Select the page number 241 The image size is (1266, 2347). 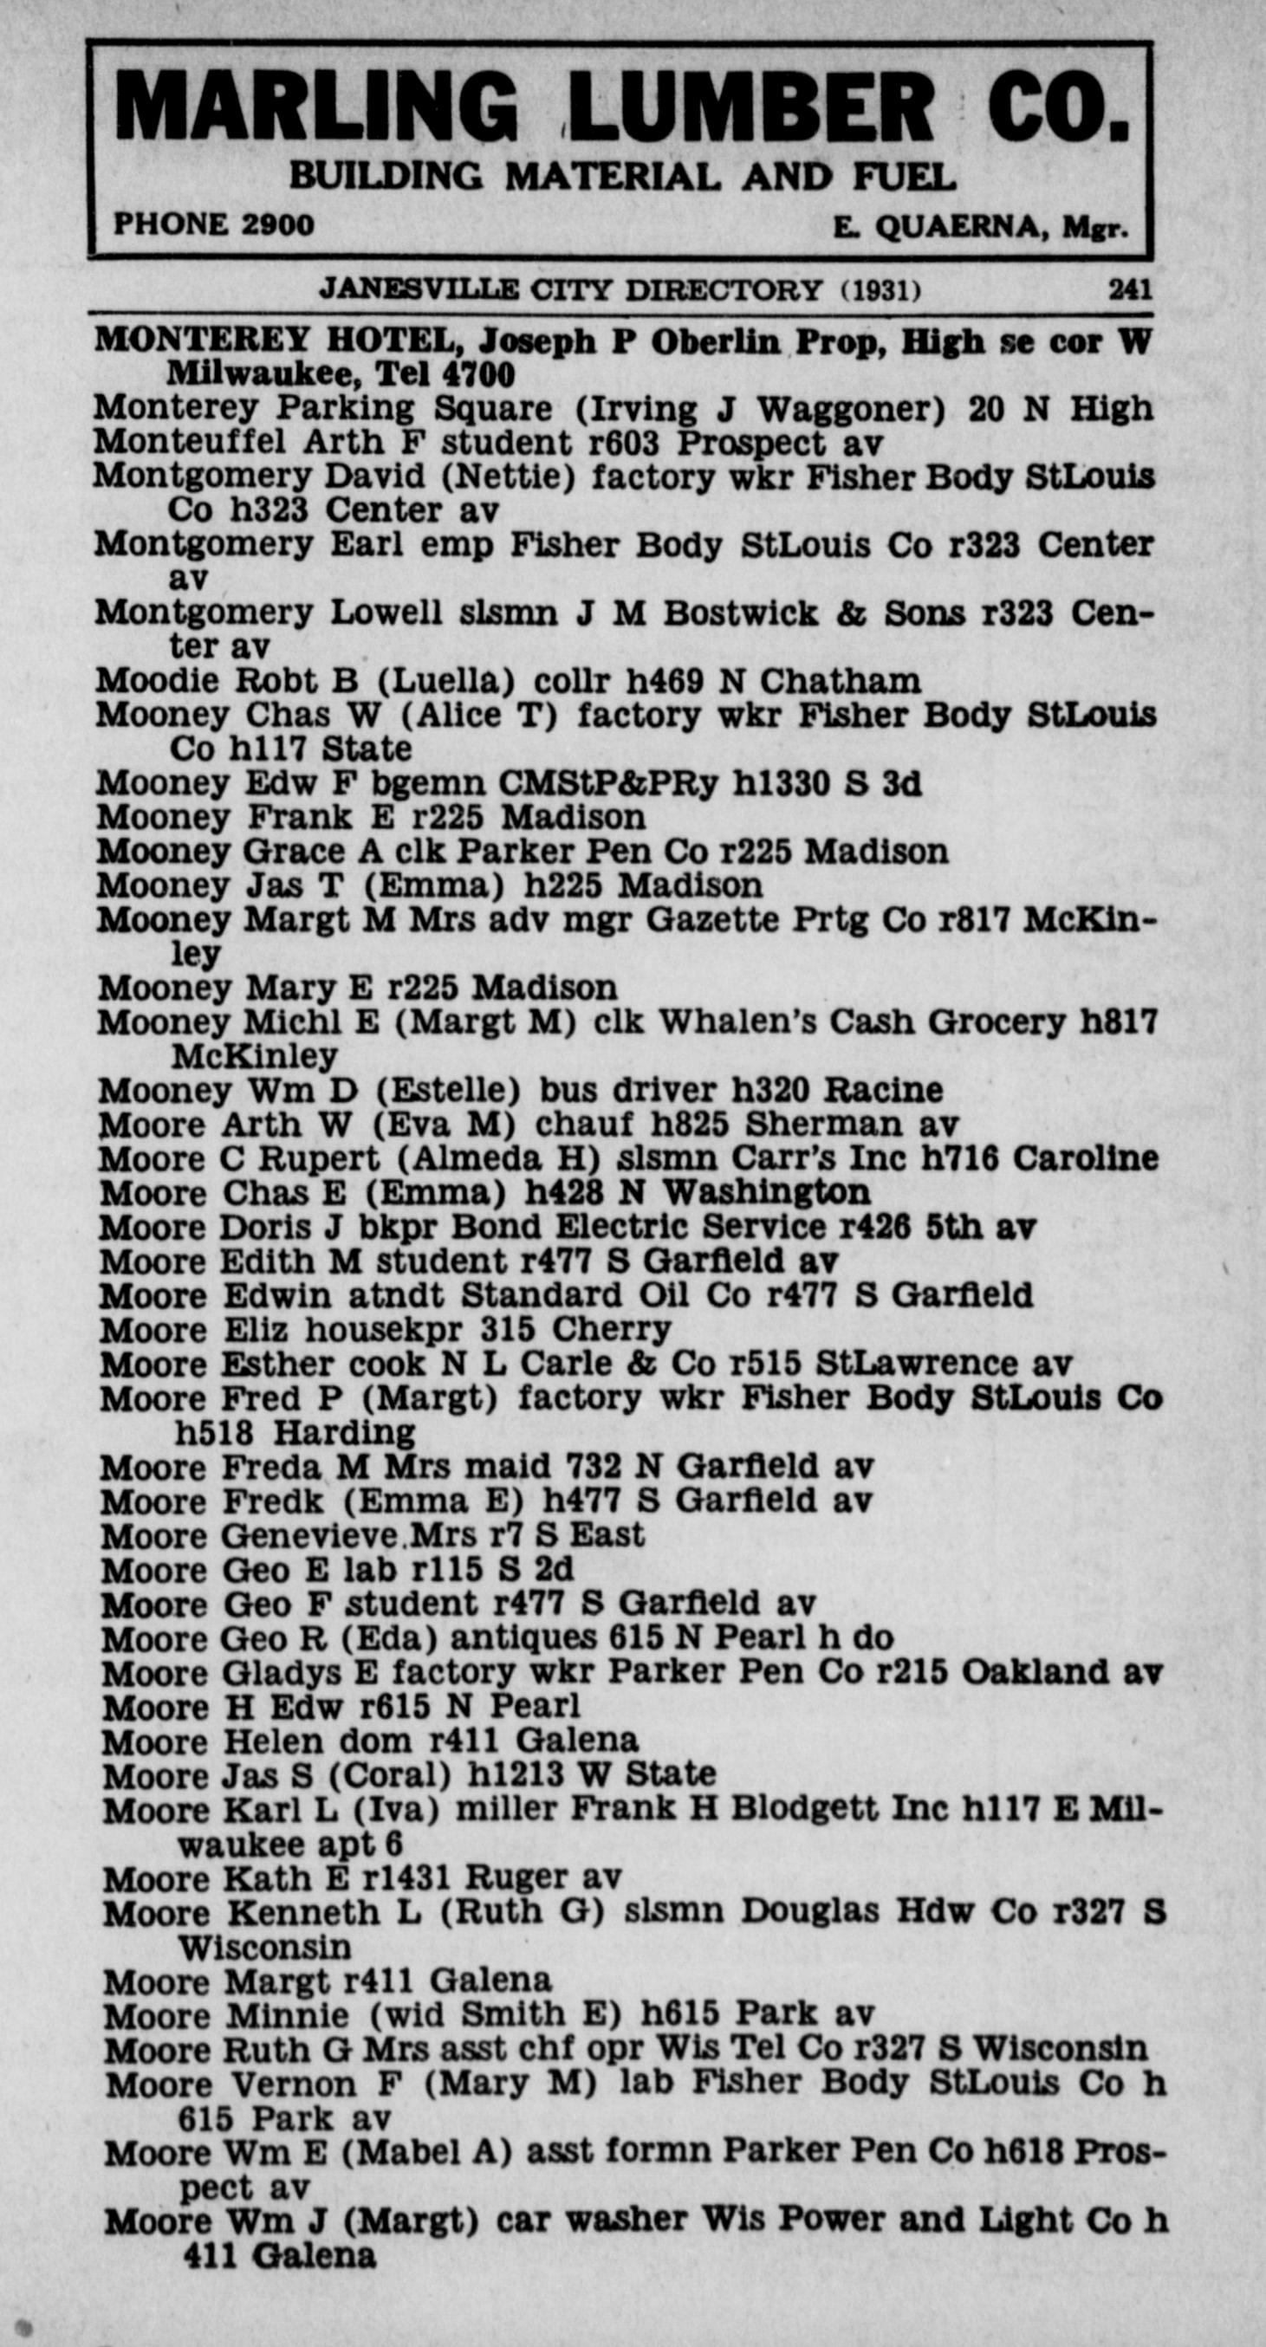tap(1129, 289)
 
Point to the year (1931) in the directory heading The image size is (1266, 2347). tap(880, 290)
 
